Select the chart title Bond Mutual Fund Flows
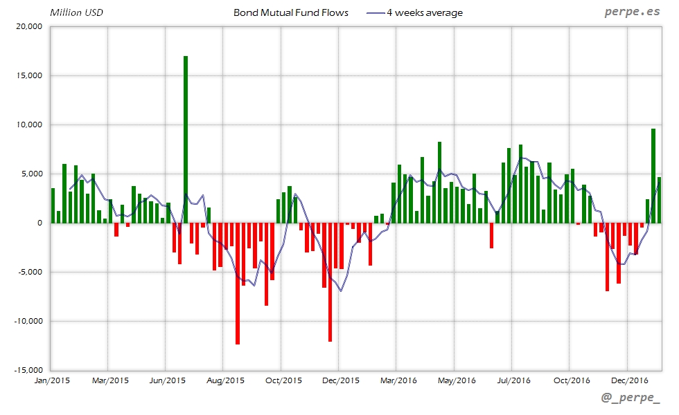(291, 12)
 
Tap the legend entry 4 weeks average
(425, 12)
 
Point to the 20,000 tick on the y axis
(28, 26)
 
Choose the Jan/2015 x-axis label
(51, 380)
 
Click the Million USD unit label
(77, 12)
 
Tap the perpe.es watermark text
(632, 12)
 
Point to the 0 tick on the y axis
(39, 223)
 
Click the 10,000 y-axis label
(28, 124)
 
